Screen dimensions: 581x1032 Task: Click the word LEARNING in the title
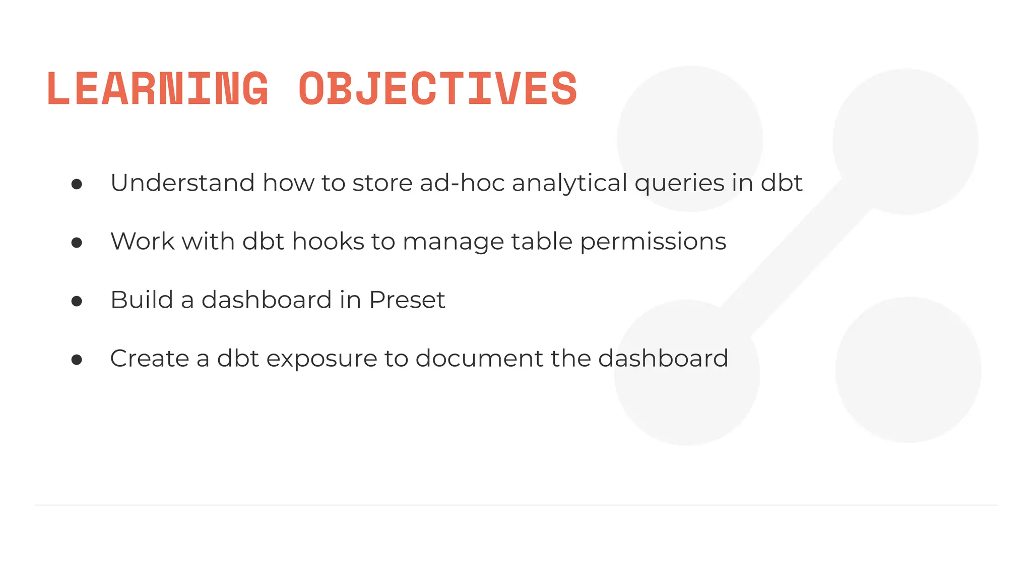tap(158, 89)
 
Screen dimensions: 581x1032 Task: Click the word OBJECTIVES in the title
tap(437, 89)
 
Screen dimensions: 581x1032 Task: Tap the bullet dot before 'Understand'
tap(77, 184)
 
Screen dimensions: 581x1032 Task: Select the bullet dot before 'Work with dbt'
tap(77, 243)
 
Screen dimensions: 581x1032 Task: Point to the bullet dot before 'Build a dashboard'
tap(77, 302)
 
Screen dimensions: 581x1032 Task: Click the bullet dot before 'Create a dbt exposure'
tap(77, 360)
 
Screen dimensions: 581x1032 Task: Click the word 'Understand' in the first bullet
tap(182, 183)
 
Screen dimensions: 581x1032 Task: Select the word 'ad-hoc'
tap(462, 183)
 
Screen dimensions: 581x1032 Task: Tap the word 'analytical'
tap(569, 184)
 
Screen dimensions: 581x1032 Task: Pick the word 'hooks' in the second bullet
tap(328, 241)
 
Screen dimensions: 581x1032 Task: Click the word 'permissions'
tap(653, 242)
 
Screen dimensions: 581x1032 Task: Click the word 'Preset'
tap(407, 300)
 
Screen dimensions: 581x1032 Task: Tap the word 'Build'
tap(142, 300)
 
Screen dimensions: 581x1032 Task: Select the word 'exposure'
tap(321, 359)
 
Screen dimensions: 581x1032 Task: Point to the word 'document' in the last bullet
tap(479, 358)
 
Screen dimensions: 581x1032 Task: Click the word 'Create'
tap(149, 358)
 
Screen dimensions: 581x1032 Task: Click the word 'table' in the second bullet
tap(542, 241)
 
